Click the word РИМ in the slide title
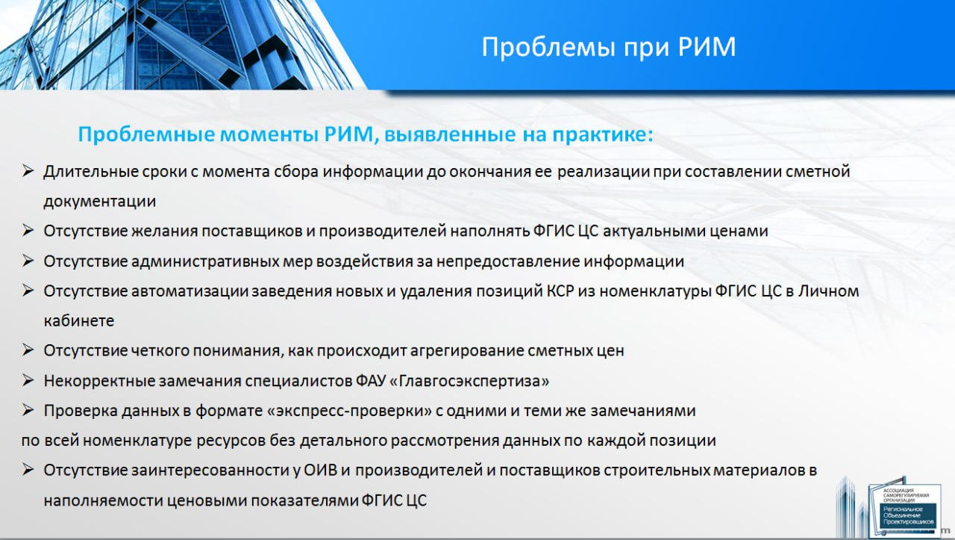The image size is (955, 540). pyautogui.click(x=707, y=46)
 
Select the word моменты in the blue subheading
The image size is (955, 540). pyautogui.click(x=269, y=134)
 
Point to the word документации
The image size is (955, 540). pyautogui.click(x=100, y=202)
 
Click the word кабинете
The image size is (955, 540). pyautogui.click(x=79, y=320)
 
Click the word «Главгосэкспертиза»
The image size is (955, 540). pyautogui.click(x=469, y=381)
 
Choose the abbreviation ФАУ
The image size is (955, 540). pyautogui.click(x=371, y=381)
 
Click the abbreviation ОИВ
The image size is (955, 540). pyautogui.click(x=320, y=471)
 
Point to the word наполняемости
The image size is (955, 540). pyautogui.click(x=103, y=500)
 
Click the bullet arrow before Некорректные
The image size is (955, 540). pyautogui.click(x=28, y=380)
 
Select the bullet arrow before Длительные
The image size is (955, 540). pyautogui.click(x=28, y=171)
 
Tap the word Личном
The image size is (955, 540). pyautogui.click(x=828, y=291)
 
